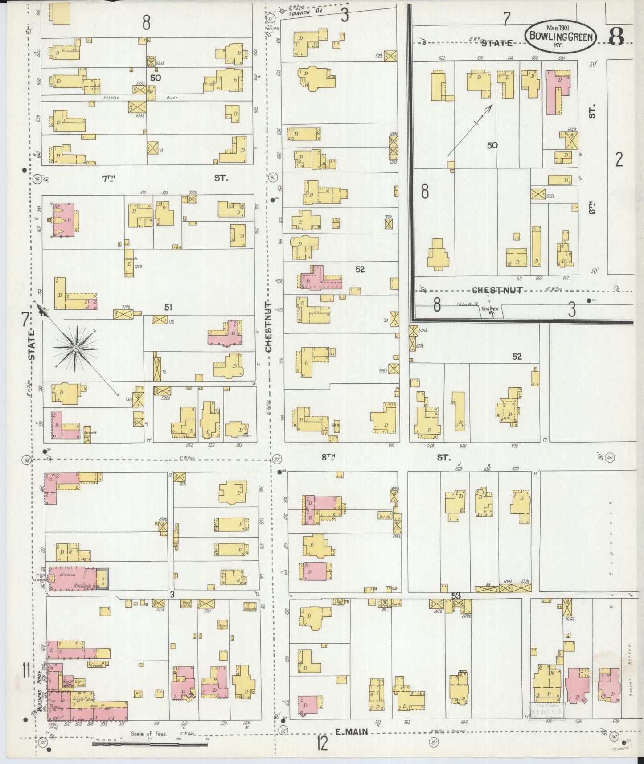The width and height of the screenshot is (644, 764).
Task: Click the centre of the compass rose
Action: pos(76,347)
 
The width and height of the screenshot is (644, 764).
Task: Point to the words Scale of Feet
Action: pos(148,733)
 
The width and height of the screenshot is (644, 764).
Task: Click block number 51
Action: pos(168,307)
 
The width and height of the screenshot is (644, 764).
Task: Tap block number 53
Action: pos(455,595)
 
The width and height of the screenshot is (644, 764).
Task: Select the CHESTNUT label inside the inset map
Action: pos(497,290)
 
